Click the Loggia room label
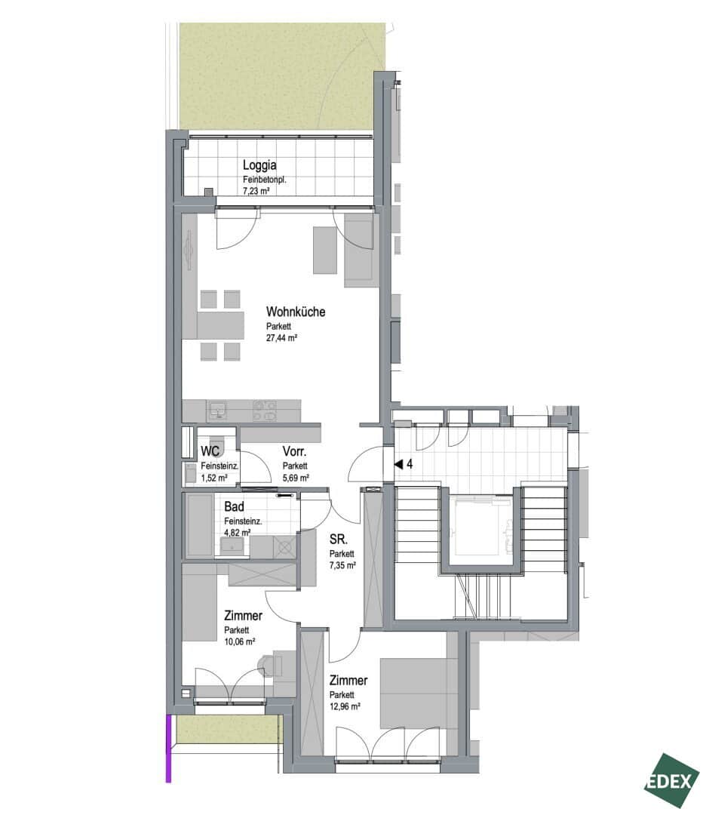click(x=259, y=166)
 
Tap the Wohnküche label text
click(x=296, y=312)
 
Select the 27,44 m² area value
click(x=281, y=338)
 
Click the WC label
click(x=210, y=451)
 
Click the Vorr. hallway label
click(x=294, y=451)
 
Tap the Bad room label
click(x=234, y=506)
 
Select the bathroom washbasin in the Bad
click(x=233, y=546)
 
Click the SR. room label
click(x=338, y=540)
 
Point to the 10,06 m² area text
click(x=240, y=642)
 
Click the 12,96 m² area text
click(x=345, y=707)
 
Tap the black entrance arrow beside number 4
click(x=398, y=464)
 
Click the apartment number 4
click(x=410, y=464)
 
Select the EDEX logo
click(x=672, y=781)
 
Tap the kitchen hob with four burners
click(x=265, y=411)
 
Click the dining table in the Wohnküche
click(x=220, y=324)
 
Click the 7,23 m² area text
click(x=256, y=191)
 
